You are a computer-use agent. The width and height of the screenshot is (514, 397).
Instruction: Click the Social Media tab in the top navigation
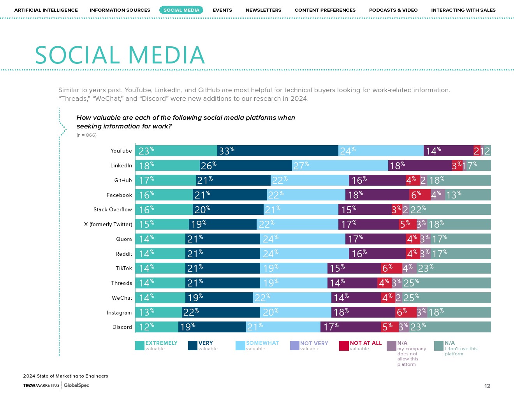pos(181,10)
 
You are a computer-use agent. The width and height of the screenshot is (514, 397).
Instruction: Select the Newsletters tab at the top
pos(263,10)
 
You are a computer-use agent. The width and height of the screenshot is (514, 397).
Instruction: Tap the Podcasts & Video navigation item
pos(393,10)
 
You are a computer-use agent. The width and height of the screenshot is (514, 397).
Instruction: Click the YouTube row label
pos(121,151)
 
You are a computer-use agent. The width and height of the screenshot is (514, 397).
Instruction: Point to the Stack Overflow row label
pos(113,210)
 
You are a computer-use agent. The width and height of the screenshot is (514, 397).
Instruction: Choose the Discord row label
pos(122,327)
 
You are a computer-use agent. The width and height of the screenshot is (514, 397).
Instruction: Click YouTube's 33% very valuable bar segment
pos(278,151)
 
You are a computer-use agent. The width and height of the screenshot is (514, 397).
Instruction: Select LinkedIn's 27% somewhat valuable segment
pos(340,166)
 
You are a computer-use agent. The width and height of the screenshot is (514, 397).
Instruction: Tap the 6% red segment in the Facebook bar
pos(420,195)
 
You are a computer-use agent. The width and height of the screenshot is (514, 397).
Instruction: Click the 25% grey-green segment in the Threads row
pos(446,283)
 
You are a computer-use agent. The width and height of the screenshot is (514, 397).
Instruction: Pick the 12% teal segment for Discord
pos(157,327)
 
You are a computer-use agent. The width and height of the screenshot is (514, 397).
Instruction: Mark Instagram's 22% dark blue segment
pos(221,313)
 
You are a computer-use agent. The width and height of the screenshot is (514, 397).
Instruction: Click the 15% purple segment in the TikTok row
pos(354,268)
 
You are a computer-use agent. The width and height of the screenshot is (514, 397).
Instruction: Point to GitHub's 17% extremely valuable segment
pos(165,180)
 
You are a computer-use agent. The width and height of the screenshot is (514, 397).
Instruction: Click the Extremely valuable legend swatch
pos(140,346)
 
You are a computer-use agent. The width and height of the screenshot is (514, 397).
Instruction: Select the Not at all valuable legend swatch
pos(344,346)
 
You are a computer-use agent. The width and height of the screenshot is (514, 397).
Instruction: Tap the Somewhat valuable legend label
pos(262,343)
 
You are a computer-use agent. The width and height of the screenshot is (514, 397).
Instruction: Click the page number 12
pos(487,386)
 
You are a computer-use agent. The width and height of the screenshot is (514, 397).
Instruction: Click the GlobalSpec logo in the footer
pos(76,385)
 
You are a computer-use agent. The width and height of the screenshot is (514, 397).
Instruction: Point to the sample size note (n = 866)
pos(86,135)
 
